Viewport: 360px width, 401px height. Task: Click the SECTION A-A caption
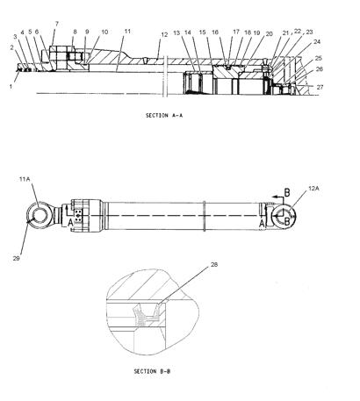(164, 116)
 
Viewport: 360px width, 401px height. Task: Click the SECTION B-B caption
(152, 371)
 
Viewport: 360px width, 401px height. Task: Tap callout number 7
(57, 24)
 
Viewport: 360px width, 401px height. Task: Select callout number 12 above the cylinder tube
(164, 34)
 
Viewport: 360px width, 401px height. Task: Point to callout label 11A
(25, 179)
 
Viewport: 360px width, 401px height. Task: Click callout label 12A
(313, 189)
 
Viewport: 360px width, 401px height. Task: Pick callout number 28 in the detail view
(214, 265)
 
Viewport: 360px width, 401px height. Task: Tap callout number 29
(16, 258)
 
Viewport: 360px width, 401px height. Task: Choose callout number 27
(320, 87)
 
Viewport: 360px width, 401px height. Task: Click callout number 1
(11, 87)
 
